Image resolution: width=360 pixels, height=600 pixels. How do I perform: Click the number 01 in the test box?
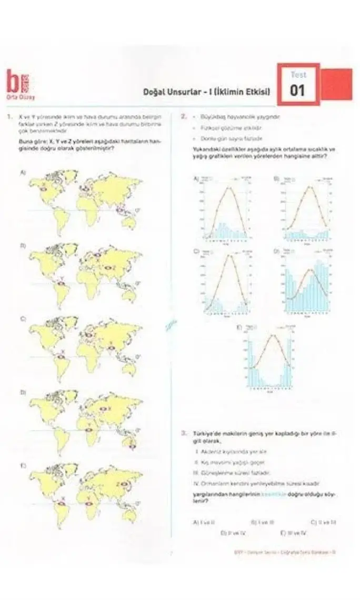297,91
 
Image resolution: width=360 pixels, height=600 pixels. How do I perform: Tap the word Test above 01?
298,75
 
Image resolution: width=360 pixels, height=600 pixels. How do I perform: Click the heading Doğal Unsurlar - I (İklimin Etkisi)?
207,92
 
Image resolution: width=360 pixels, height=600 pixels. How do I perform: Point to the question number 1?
9,117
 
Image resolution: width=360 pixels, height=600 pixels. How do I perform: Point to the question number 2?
183,117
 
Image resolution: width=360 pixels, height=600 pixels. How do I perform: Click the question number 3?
183,433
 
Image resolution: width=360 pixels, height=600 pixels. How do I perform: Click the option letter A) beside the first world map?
23,173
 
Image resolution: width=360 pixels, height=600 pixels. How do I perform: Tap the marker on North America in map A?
44,187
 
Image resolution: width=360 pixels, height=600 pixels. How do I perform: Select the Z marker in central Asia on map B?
110,269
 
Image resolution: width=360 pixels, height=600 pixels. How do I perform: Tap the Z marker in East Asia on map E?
125,483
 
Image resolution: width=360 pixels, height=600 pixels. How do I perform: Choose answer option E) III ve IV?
297,533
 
